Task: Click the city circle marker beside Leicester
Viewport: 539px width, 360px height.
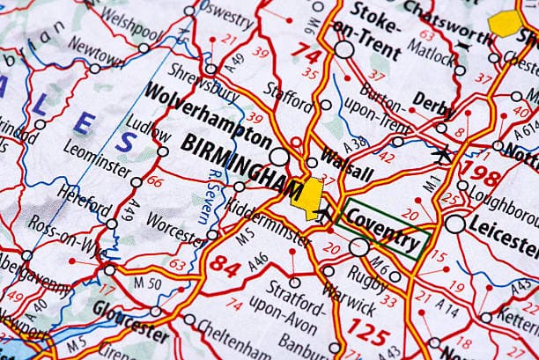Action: click(454, 224)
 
